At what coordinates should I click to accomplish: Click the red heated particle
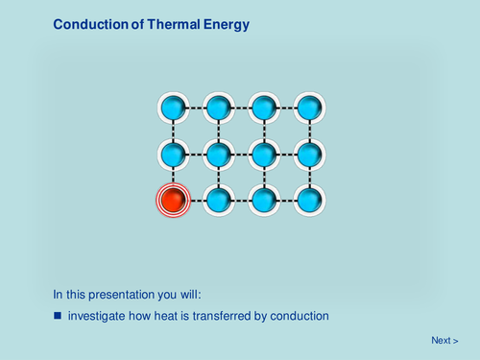pyautogui.click(x=173, y=201)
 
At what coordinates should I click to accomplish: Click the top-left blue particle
pyautogui.click(x=173, y=107)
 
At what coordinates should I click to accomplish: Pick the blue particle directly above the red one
pyautogui.click(x=173, y=154)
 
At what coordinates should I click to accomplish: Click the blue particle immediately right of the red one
pyautogui.click(x=219, y=201)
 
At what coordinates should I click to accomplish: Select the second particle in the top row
pyautogui.click(x=219, y=107)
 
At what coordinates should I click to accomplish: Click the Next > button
pyautogui.click(x=444, y=340)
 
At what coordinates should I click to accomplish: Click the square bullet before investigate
pyautogui.click(x=58, y=316)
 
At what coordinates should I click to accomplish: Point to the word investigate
pyautogui.click(x=97, y=316)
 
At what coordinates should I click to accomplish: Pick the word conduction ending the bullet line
pyautogui.click(x=299, y=316)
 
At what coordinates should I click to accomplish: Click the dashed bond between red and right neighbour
pyautogui.click(x=196, y=201)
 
